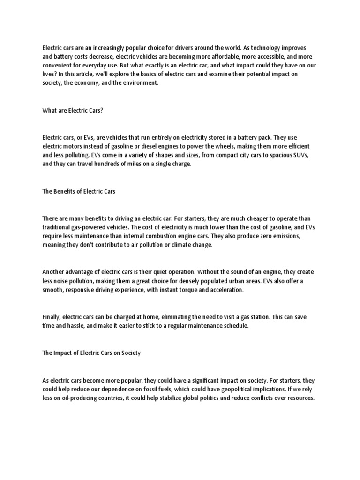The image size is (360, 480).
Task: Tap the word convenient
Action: (57, 66)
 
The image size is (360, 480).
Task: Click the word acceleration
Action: (229, 290)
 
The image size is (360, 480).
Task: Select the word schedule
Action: (233, 326)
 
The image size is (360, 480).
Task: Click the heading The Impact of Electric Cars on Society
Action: (91, 353)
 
